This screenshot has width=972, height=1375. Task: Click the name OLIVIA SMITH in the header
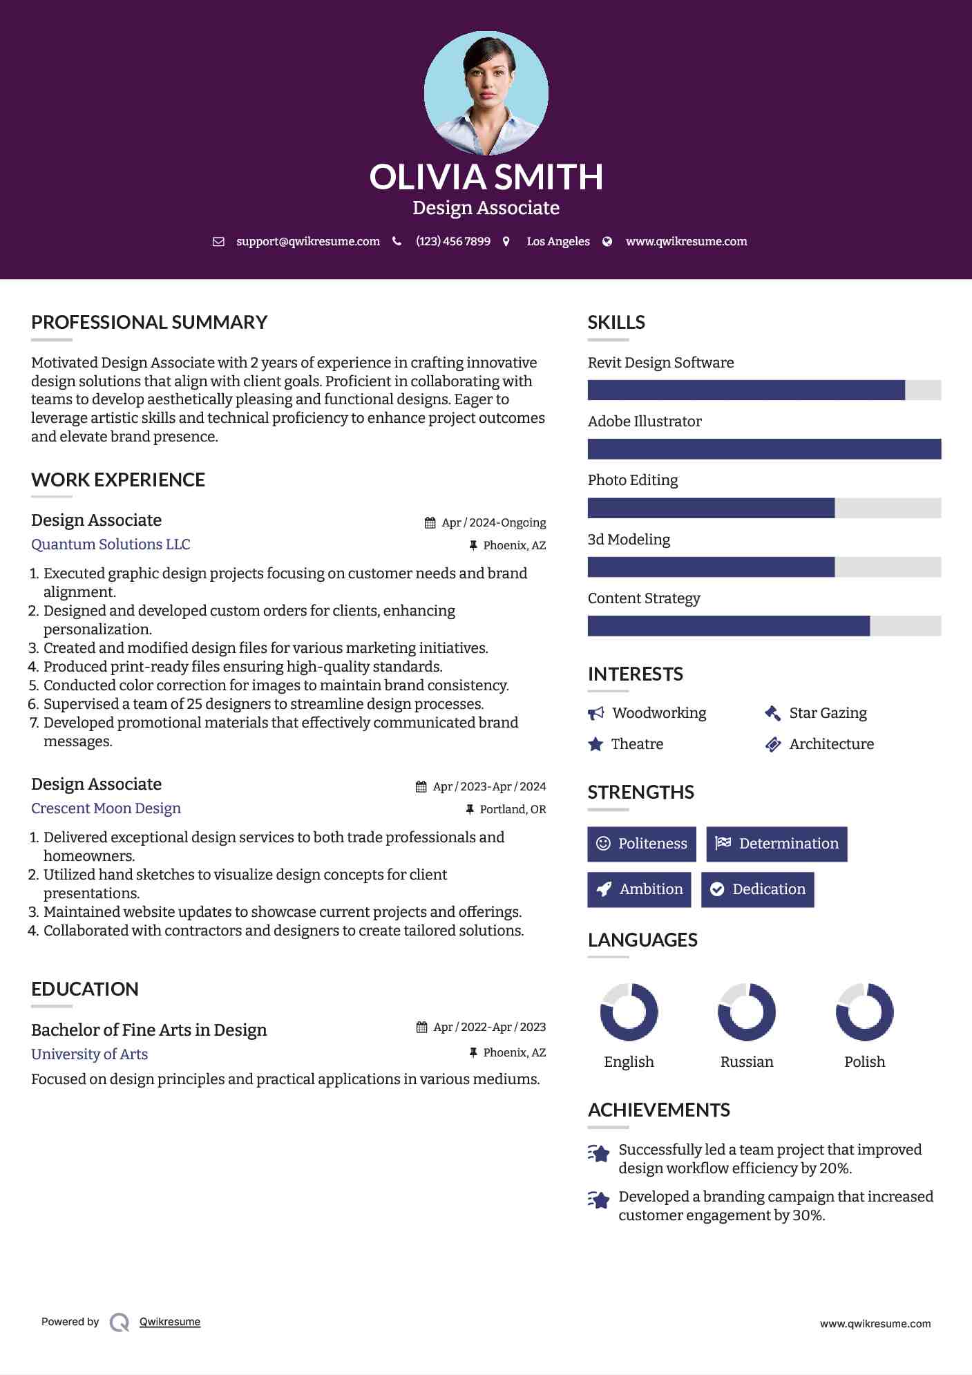[x=486, y=177]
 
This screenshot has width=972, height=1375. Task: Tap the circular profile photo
[x=486, y=93]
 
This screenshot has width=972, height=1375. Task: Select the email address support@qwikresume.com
[x=307, y=241]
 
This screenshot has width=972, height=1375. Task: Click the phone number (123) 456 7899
[x=452, y=241]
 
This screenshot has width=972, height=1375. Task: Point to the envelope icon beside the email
[x=218, y=242]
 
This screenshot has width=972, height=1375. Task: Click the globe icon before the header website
[x=607, y=242]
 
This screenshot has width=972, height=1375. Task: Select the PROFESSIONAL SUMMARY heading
[x=149, y=322]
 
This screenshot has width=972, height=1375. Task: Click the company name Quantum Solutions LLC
[x=111, y=544]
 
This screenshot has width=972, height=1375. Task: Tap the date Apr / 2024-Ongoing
[x=493, y=522]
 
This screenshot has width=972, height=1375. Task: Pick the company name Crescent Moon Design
[x=106, y=808]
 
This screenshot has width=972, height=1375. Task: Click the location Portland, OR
[x=513, y=809]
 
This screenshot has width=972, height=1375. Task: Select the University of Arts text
[x=89, y=1054]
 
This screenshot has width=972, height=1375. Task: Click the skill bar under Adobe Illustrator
[x=764, y=449]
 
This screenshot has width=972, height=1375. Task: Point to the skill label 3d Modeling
[x=629, y=540]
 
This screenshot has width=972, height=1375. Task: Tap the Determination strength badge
[x=776, y=844]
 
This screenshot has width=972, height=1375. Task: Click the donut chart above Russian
[x=747, y=1012]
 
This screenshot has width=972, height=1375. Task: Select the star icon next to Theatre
[x=595, y=744]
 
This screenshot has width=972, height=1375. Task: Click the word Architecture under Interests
[x=831, y=744]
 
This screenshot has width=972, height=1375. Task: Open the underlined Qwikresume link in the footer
[x=170, y=1322]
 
